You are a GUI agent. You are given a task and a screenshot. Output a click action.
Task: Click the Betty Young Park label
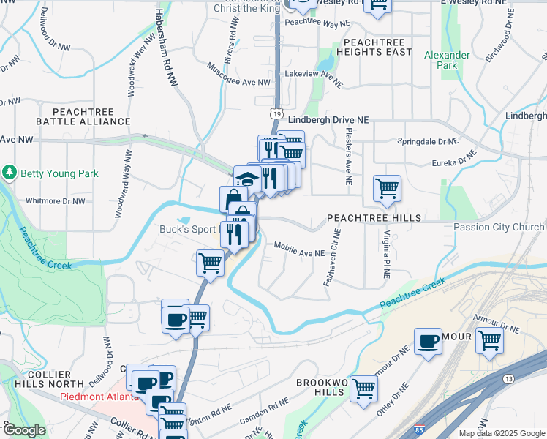click(59, 173)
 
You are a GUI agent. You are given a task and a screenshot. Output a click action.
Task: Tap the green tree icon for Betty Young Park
click(10, 173)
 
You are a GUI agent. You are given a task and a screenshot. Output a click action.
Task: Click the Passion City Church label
click(499, 227)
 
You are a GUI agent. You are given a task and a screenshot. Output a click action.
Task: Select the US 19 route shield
click(275, 113)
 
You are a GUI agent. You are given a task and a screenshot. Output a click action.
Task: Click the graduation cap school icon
click(247, 179)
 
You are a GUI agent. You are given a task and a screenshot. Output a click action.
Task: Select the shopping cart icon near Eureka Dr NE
click(387, 187)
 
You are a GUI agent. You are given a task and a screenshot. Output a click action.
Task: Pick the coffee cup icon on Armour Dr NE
click(428, 340)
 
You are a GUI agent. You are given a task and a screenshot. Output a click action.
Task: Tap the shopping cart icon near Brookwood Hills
click(363, 388)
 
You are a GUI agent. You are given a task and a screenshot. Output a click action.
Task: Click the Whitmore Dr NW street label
click(55, 200)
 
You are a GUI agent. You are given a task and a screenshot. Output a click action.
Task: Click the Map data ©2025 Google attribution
click(501, 433)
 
